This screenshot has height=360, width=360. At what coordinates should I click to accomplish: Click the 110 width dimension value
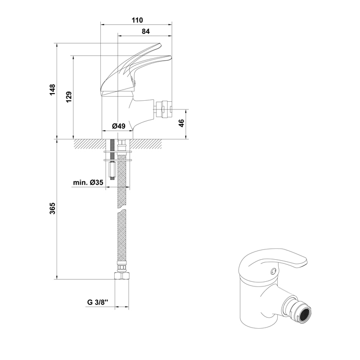click(x=137, y=20)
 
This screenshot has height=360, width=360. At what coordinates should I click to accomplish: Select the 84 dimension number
click(x=146, y=31)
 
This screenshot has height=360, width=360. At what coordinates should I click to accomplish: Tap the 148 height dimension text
click(x=52, y=90)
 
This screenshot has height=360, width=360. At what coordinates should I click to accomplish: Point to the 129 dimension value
click(x=68, y=97)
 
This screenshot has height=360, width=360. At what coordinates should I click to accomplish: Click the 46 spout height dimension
click(x=181, y=123)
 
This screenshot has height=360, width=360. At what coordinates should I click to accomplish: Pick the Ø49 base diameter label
click(x=118, y=126)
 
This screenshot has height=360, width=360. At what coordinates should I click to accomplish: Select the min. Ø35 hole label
click(x=88, y=183)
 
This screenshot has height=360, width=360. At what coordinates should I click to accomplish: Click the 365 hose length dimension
click(x=52, y=208)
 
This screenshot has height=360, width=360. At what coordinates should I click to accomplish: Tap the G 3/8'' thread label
click(x=97, y=302)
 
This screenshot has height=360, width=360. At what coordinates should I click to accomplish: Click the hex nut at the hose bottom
click(x=122, y=275)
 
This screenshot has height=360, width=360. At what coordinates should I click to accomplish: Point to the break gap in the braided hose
click(x=122, y=210)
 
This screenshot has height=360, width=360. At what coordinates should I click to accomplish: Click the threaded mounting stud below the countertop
click(x=113, y=150)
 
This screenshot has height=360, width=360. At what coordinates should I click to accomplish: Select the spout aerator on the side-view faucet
click(x=164, y=109)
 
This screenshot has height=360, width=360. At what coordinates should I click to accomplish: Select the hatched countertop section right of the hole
click(x=146, y=144)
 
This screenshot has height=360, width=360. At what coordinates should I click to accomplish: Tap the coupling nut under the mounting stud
click(x=113, y=169)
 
